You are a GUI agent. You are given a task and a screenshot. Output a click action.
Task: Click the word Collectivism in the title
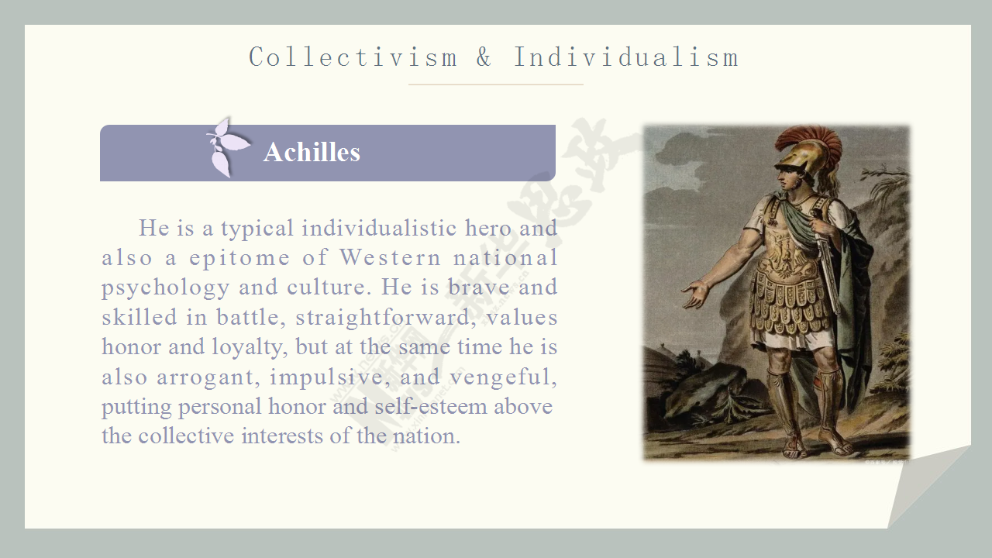(x=353, y=57)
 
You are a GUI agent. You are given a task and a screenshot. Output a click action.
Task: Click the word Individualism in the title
(x=625, y=57)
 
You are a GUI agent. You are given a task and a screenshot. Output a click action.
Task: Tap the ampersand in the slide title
(x=484, y=57)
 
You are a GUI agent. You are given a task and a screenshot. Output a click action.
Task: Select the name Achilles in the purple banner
(x=312, y=153)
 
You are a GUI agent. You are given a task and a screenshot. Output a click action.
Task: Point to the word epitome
(x=239, y=259)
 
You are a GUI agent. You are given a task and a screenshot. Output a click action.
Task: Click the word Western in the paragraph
(x=390, y=258)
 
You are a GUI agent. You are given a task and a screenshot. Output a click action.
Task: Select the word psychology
(x=166, y=288)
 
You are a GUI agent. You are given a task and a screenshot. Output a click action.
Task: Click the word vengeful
(x=504, y=377)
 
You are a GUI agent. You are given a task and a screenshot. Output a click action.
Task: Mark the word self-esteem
(x=431, y=407)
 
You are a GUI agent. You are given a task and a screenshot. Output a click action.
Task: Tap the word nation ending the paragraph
(x=427, y=436)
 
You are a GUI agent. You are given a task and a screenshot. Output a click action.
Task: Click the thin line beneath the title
(x=495, y=84)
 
